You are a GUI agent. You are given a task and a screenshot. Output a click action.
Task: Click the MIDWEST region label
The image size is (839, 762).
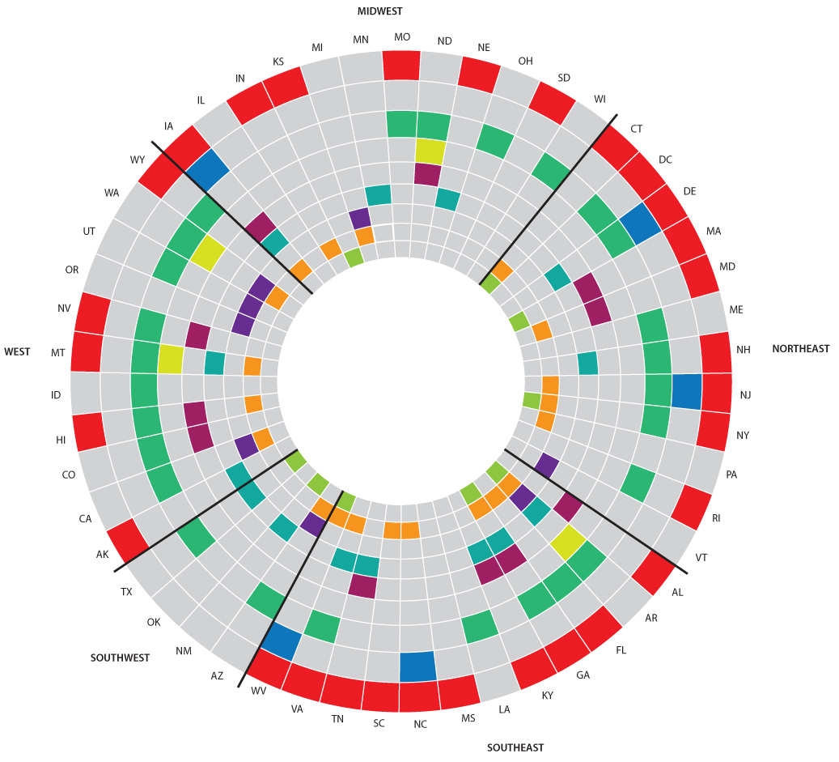[x=379, y=11]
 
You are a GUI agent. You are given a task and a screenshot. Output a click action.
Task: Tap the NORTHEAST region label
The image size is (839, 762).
[x=800, y=349]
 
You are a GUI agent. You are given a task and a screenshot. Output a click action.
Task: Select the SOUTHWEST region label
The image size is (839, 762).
[x=120, y=658]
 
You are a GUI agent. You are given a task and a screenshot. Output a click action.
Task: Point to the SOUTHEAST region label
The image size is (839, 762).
[x=515, y=747]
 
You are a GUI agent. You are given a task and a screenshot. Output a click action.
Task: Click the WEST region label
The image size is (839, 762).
[x=17, y=352]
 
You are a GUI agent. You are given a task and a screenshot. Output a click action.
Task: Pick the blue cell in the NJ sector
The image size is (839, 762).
[x=686, y=391]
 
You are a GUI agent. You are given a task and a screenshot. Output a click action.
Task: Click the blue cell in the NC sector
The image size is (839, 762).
[x=418, y=666]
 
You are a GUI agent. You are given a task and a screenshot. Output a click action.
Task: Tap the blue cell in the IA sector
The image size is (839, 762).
[x=207, y=170]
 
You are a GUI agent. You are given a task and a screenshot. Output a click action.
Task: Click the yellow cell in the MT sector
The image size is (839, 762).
[x=171, y=359]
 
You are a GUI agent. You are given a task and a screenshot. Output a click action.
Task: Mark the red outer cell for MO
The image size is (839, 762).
[x=401, y=65]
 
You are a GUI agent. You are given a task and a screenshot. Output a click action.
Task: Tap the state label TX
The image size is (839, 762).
[x=126, y=592]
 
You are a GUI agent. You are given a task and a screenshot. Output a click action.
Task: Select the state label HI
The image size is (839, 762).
[x=61, y=440]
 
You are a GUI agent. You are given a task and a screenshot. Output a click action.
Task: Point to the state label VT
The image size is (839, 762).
[x=701, y=558]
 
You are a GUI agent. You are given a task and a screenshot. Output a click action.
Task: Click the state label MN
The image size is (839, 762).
[x=361, y=40]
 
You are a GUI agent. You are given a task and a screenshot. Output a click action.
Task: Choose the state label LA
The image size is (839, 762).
[x=504, y=709]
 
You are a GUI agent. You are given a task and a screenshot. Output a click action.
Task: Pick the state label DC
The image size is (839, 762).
[x=665, y=160]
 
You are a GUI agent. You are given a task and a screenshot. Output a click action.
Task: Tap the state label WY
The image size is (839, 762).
[x=138, y=160]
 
